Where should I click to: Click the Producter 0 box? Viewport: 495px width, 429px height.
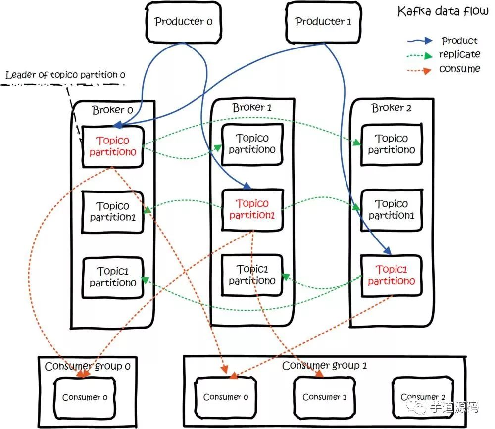(x=183, y=22)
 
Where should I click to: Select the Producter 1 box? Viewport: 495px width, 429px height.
(x=323, y=22)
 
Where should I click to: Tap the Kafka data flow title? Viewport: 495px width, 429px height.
(x=443, y=12)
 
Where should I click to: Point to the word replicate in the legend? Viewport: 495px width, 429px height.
(x=459, y=54)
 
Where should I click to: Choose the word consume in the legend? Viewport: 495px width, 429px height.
(x=459, y=69)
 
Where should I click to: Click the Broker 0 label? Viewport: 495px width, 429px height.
(x=112, y=110)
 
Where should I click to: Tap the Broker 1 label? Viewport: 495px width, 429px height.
(x=252, y=107)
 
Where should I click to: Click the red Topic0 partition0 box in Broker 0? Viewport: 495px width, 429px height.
(x=113, y=147)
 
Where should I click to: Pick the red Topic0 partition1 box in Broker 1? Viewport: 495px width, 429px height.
(x=252, y=209)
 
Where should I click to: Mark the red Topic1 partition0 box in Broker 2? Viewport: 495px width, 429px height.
(x=392, y=275)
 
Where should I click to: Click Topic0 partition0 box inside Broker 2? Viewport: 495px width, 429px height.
(x=392, y=144)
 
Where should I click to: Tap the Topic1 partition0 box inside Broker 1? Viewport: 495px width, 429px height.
(x=252, y=275)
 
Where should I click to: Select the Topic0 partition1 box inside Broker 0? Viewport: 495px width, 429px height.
(x=113, y=211)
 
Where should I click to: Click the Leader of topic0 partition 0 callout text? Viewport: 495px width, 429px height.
(x=65, y=75)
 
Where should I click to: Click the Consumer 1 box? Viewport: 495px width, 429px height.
(x=324, y=397)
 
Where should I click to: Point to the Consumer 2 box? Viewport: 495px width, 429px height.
(x=423, y=397)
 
